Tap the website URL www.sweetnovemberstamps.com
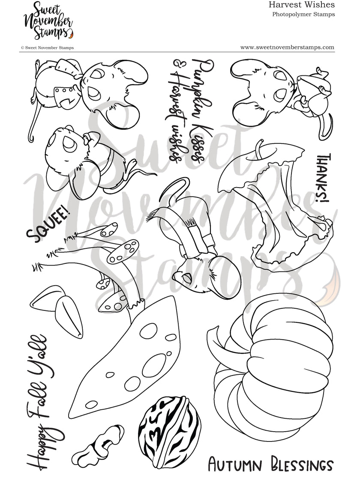click(287, 48)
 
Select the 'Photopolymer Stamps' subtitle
click(303, 14)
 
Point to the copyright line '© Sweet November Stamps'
click(47, 48)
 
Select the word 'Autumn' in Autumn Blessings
click(234, 464)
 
